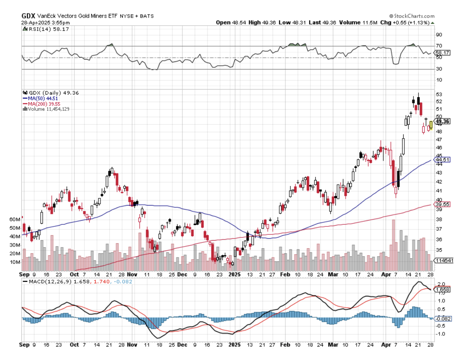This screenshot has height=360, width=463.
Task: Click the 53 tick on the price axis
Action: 438,94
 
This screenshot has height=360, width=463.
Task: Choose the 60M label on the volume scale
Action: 15,219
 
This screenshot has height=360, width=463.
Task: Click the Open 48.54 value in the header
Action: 229,22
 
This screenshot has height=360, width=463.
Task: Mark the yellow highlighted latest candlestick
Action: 431,124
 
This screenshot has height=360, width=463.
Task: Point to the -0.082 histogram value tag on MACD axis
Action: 443,319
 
